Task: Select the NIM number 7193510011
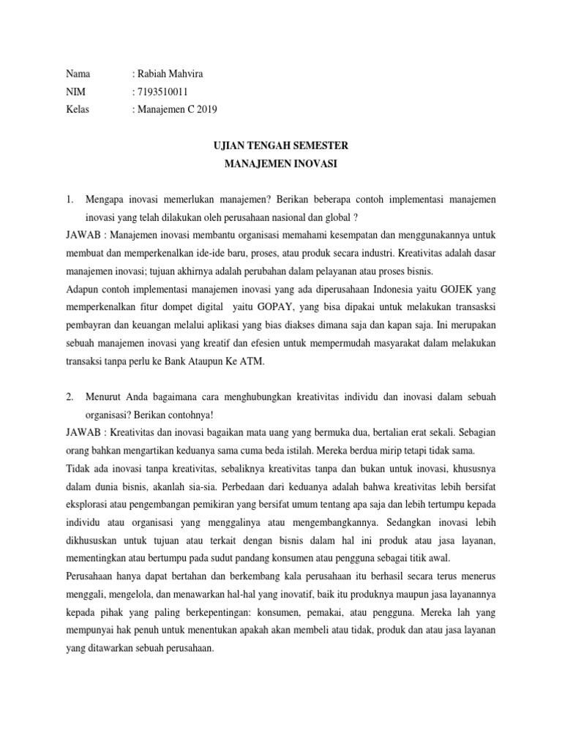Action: (160, 91)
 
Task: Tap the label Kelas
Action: (78, 110)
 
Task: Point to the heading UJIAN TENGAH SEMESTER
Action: (281, 146)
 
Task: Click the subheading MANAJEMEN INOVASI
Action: (281, 164)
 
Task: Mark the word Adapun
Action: (83, 288)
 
